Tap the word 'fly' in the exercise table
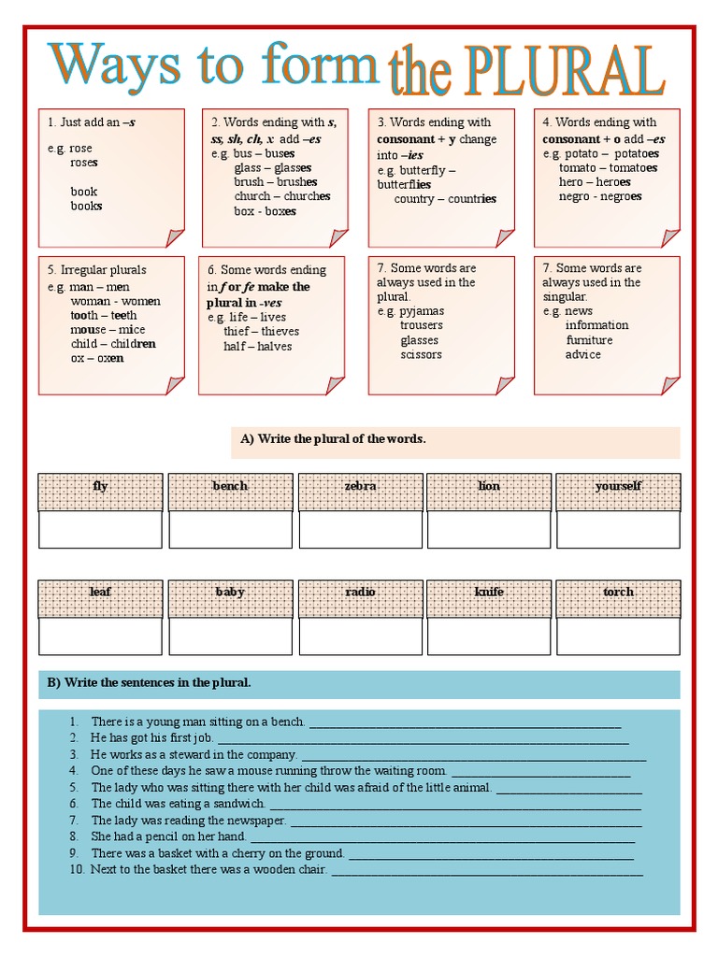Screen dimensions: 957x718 pyautogui.click(x=100, y=486)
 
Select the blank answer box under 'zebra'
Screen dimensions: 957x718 pyautogui.click(x=360, y=529)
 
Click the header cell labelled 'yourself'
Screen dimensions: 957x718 pyautogui.click(x=618, y=486)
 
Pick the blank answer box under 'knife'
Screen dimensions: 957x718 pyautogui.click(x=488, y=636)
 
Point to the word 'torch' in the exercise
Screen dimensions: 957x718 pyautogui.click(x=618, y=592)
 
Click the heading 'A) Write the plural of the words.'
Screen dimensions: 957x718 pyautogui.click(x=333, y=438)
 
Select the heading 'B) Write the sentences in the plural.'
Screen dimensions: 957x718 pyautogui.click(x=150, y=682)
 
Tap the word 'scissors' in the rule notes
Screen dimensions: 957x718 pyautogui.click(x=421, y=354)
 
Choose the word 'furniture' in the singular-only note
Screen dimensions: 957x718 pyautogui.click(x=589, y=340)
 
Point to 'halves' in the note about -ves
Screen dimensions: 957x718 pyautogui.click(x=275, y=346)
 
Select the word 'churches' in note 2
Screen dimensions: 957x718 pyautogui.click(x=308, y=196)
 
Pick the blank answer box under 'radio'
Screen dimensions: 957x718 pyautogui.click(x=360, y=636)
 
